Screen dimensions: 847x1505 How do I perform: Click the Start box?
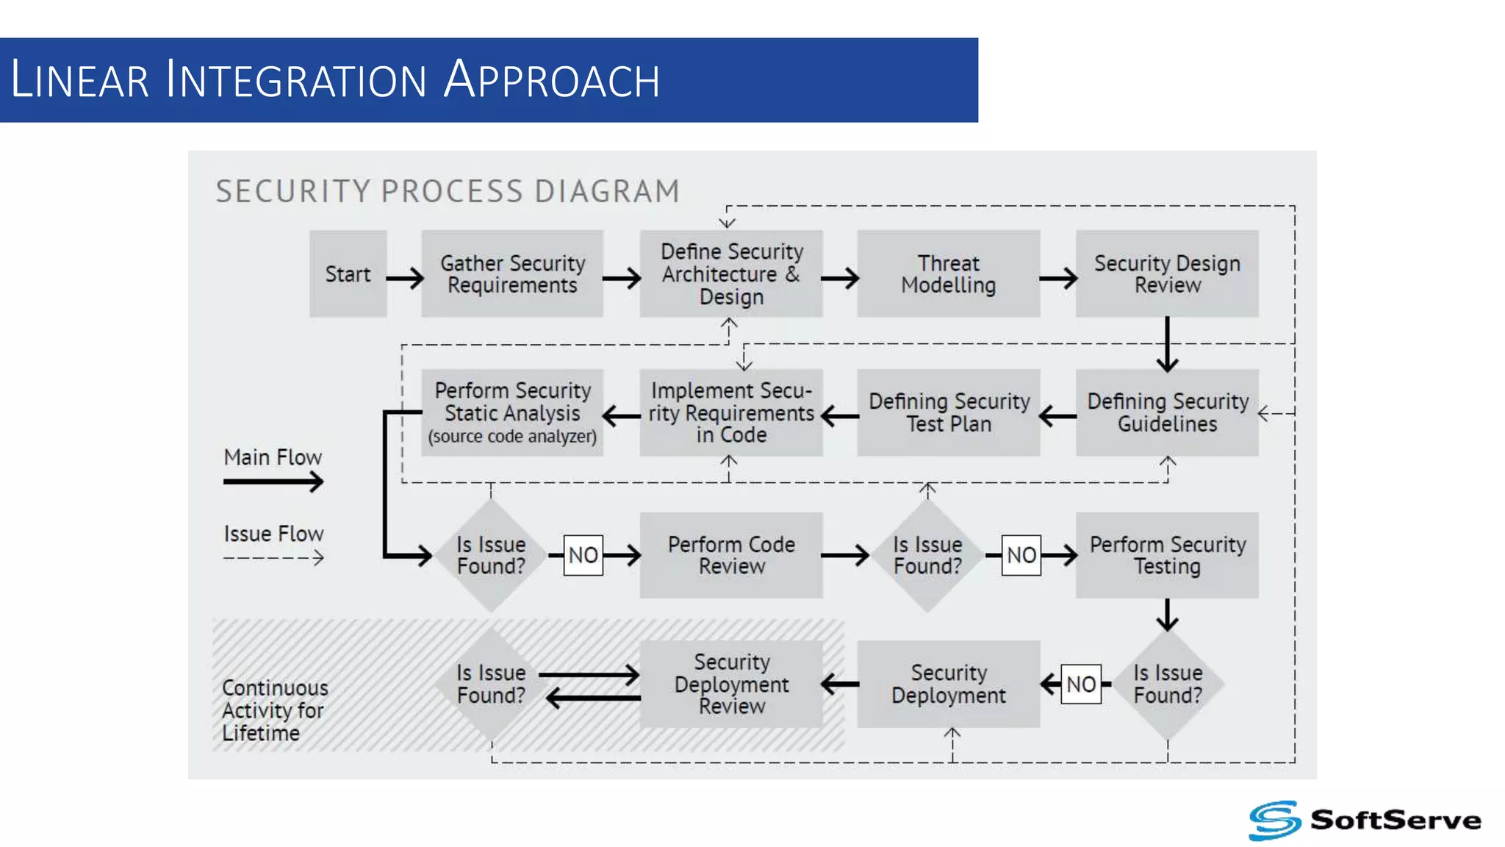click(x=348, y=274)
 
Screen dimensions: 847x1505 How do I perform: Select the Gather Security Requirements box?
click(x=512, y=274)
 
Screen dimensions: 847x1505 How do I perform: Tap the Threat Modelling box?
click(x=948, y=274)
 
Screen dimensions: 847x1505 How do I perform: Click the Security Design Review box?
click(x=1167, y=274)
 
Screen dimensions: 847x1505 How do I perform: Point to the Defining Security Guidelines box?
click(x=1167, y=412)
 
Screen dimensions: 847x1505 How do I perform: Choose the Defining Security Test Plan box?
click(x=948, y=412)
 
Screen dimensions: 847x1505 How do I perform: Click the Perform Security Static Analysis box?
click(x=512, y=412)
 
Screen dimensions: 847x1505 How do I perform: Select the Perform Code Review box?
click(x=731, y=555)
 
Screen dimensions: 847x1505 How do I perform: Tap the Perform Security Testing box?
click(x=1167, y=555)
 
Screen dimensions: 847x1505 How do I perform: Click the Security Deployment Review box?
click(x=731, y=684)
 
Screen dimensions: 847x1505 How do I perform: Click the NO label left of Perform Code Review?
click(x=583, y=555)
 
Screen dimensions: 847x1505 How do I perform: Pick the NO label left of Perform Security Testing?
click(x=1021, y=555)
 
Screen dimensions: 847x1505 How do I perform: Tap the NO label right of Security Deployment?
click(x=1081, y=684)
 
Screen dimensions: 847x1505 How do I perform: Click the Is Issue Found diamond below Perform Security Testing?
click(x=1167, y=684)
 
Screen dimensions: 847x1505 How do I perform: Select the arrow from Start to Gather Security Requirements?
click(x=405, y=278)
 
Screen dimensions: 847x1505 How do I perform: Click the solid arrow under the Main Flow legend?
click(x=273, y=482)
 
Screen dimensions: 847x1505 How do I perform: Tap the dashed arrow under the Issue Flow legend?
click(x=273, y=558)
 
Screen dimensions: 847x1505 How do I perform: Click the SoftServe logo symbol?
click(x=1275, y=820)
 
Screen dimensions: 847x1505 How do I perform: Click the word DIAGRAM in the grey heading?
click(x=607, y=191)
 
